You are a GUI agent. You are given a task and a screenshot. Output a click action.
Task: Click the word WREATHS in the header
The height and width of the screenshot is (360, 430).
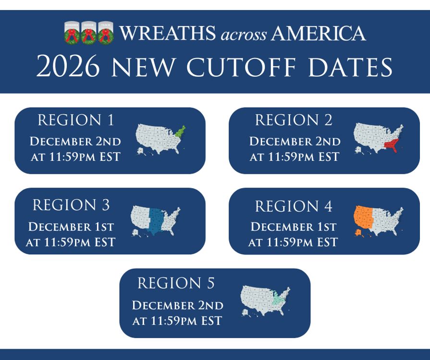167,34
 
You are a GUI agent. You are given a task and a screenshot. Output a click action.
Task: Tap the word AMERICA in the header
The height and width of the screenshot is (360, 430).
319,34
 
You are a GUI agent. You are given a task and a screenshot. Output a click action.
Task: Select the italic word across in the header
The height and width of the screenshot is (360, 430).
243,34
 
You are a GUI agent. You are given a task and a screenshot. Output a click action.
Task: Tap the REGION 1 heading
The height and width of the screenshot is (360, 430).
76,120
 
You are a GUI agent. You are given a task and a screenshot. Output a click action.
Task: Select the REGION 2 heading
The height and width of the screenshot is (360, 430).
294,120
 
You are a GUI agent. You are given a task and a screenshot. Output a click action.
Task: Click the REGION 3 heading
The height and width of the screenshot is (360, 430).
71,205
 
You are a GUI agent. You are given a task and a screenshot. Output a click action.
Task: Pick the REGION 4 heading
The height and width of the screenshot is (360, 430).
294,206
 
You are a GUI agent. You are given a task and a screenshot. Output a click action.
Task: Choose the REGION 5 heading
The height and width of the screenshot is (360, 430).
176,283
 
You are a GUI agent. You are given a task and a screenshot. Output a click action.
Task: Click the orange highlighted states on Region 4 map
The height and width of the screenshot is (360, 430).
363,218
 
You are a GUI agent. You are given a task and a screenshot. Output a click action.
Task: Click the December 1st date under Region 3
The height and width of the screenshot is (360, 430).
71,227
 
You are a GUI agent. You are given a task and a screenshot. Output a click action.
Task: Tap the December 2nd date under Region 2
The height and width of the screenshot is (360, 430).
295,142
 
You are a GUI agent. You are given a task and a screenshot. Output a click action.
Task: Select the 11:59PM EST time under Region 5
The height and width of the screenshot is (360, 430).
177,321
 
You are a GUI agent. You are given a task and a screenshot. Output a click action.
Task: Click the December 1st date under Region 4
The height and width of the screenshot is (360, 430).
294,227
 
